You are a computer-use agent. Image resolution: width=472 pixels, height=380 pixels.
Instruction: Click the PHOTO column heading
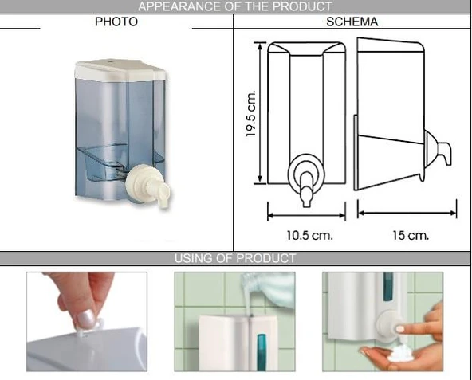116,22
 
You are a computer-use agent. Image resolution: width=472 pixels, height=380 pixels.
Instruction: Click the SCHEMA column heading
352,22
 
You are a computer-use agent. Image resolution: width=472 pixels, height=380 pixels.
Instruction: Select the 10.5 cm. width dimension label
309,235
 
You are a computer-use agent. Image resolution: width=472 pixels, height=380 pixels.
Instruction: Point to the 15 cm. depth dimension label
407,235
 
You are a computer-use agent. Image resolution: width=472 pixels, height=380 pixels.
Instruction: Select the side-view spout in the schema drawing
441,151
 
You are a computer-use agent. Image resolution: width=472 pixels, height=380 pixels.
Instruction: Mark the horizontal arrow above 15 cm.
407,214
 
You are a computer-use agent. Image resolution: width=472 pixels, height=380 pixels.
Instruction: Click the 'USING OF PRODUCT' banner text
235,258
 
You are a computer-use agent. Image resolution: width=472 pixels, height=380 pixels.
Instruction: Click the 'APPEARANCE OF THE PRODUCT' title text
235,7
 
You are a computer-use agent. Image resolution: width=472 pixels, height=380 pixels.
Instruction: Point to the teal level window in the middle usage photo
260,346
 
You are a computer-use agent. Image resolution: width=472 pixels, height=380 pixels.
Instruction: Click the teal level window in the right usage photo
388,288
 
